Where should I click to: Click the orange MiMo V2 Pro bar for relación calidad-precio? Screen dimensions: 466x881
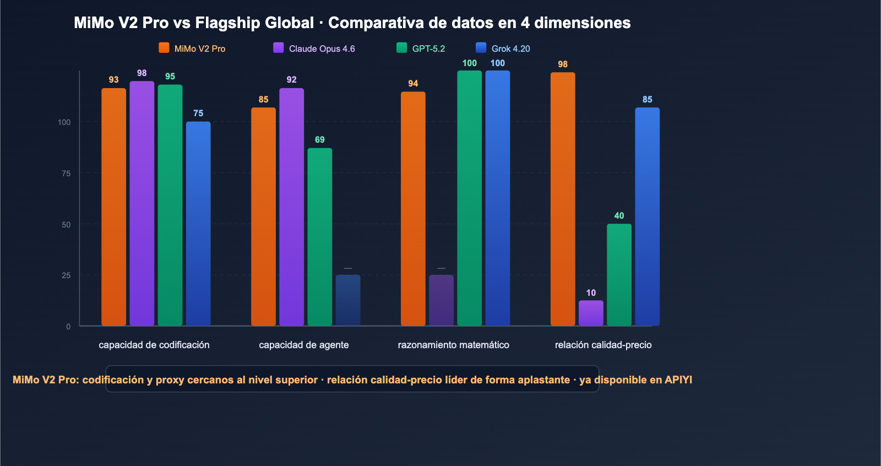(563, 198)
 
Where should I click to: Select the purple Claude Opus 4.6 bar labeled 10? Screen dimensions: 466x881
(591, 313)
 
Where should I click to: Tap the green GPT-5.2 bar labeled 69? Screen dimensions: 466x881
(319, 237)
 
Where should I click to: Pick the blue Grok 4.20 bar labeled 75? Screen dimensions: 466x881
(198, 223)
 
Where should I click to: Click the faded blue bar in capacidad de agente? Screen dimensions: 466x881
(348, 300)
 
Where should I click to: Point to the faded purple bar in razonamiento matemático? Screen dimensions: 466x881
(441, 300)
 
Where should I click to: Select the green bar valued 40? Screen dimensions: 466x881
(619, 274)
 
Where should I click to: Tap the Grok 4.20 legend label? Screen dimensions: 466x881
(510, 48)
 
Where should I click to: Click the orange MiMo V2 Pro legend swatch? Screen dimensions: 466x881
(164, 48)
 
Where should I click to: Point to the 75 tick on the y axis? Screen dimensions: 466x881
(66, 174)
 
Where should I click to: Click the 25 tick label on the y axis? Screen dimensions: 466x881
(66, 275)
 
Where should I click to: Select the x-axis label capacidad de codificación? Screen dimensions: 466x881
(154, 345)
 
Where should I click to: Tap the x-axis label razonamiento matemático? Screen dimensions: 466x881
(453, 345)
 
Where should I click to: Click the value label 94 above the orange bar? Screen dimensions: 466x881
(413, 84)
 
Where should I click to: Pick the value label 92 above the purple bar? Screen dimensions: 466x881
(291, 80)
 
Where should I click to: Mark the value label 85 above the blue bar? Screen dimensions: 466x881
(647, 100)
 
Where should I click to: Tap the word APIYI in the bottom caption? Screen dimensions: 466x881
(678, 380)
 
